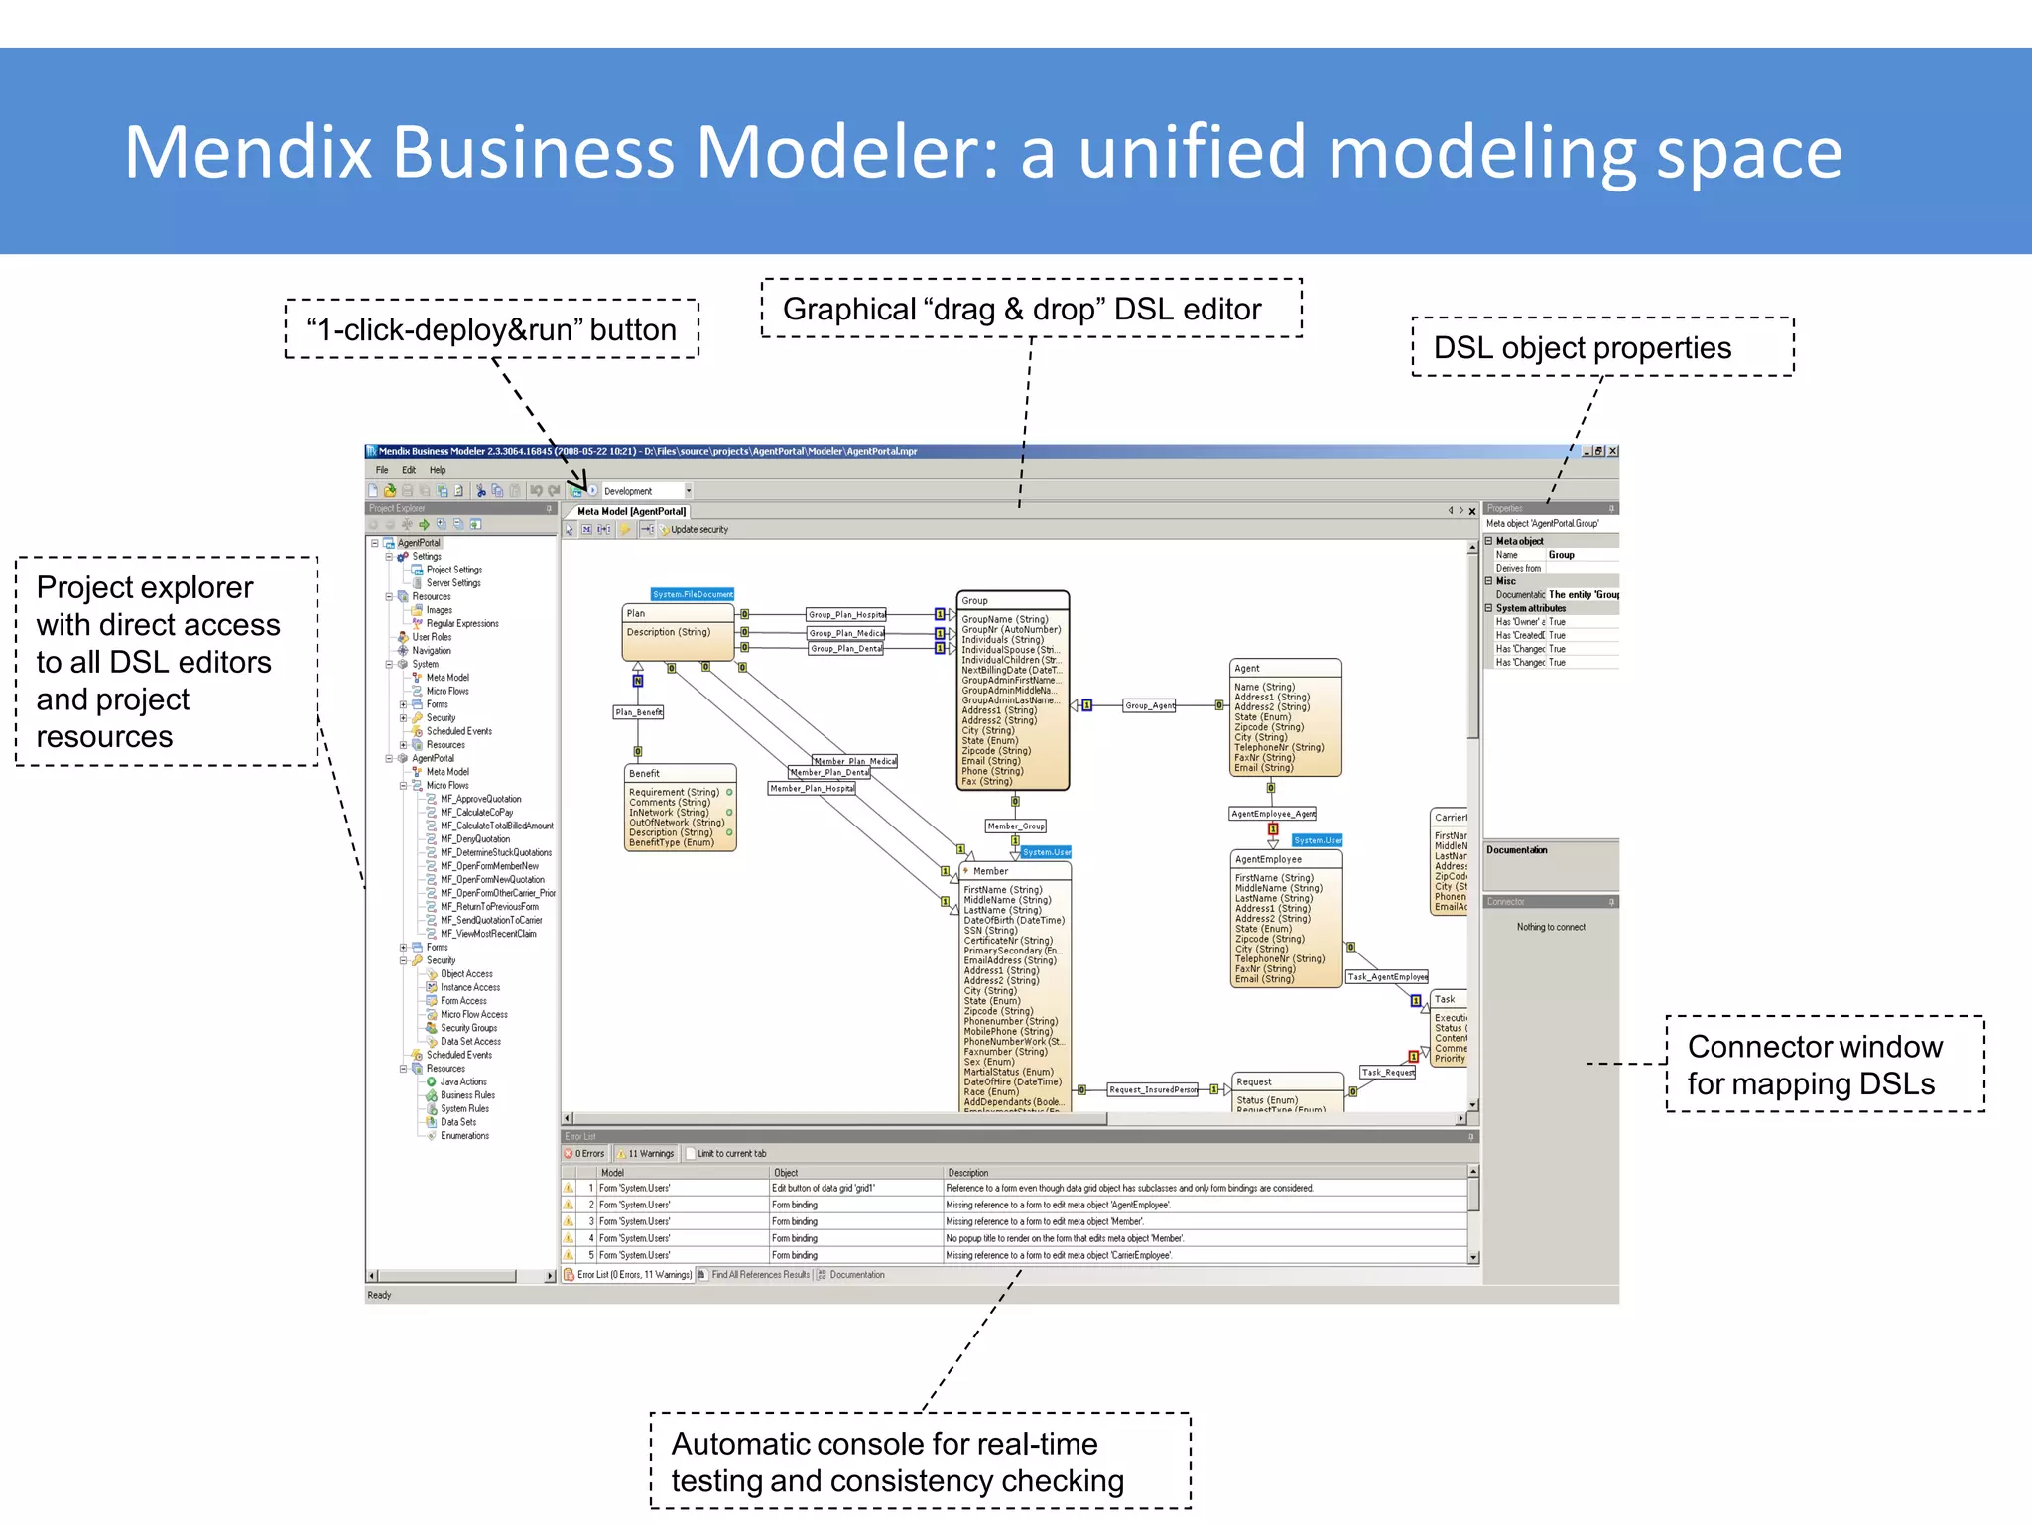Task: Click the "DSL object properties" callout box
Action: (x=1601, y=347)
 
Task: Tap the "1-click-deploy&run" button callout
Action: (x=491, y=329)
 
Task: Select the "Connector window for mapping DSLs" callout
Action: (x=1824, y=1065)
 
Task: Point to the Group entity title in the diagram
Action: (x=975, y=601)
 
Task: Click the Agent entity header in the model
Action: (x=1247, y=669)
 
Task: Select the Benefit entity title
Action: (x=644, y=774)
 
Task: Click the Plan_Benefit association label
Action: (x=638, y=712)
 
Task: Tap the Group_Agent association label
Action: (x=1149, y=705)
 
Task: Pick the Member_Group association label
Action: (x=1015, y=826)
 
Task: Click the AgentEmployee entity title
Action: (x=1268, y=859)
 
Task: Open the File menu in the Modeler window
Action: (x=382, y=470)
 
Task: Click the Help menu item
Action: (x=438, y=470)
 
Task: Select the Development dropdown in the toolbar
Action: (x=646, y=491)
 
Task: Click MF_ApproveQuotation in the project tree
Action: (x=480, y=799)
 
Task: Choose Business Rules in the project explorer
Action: (x=467, y=1095)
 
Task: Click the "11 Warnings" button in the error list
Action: (x=647, y=1153)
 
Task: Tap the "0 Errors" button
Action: (x=585, y=1153)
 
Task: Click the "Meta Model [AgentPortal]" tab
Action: (x=631, y=512)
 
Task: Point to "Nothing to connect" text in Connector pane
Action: (x=1551, y=927)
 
